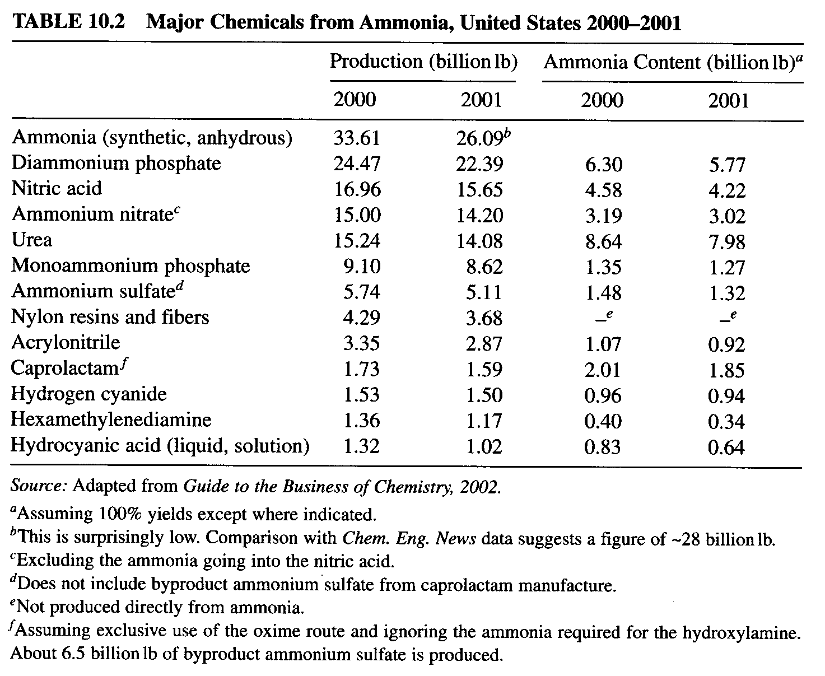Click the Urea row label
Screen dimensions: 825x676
pos(32,240)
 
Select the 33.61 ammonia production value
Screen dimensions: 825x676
pos(356,138)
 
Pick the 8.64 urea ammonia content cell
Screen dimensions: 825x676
pos(604,241)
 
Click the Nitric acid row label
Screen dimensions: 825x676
pos(57,188)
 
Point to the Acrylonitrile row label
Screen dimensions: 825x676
pos(66,343)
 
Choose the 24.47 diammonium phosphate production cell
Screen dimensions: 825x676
pos(357,164)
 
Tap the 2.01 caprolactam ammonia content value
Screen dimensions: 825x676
pos(603,370)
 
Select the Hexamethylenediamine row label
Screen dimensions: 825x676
pos(111,419)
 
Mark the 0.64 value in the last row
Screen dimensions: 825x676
pos(726,447)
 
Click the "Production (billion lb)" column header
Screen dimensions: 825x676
pos(423,62)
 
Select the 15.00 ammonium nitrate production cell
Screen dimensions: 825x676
pos(357,215)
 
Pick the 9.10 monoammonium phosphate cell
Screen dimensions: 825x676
pos(362,267)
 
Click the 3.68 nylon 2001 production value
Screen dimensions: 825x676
pos(484,318)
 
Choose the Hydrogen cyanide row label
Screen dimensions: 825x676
pos(89,394)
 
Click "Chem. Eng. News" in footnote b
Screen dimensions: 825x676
pos(409,539)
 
